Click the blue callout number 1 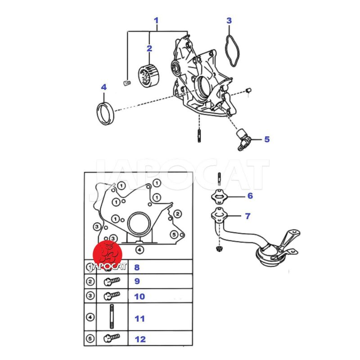[156, 21]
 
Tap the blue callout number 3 [229, 20]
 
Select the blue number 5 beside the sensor [267, 139]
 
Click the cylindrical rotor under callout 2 [149, 76]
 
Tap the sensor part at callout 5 [244, 139]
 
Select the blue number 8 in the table [137, 267]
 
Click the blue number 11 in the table [139, 319]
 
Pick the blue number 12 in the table [140, 339]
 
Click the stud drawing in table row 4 [112, 316]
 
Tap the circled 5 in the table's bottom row [90, 338]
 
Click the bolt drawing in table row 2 [112, 281]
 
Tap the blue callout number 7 [247, 216]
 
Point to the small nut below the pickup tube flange [219, 248]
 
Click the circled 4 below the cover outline [139, 250]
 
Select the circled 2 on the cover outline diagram [177, 214]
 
